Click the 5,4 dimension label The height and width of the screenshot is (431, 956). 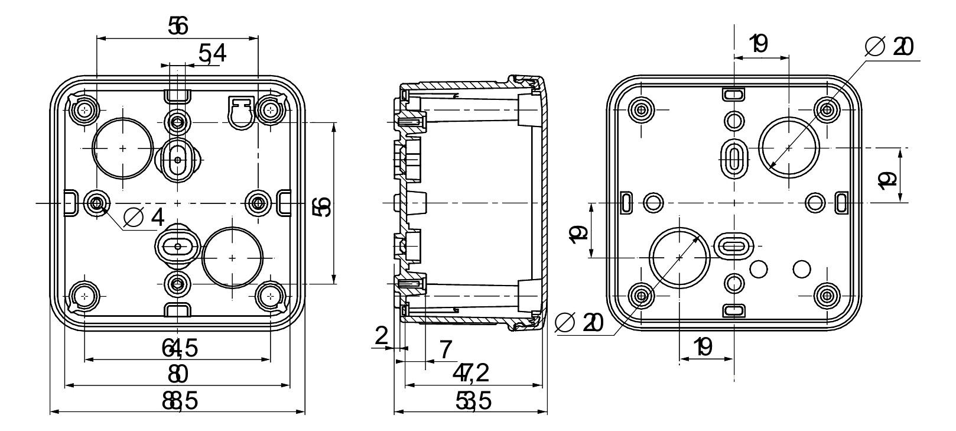212,54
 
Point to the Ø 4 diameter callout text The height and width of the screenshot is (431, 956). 144,218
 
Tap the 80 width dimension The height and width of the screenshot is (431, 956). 177,374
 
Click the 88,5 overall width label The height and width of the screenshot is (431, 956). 180,402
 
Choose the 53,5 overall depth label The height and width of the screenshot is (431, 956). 473,402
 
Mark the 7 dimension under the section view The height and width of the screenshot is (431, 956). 446,349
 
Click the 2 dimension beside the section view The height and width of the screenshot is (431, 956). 382,336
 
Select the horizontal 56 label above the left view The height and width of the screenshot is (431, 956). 177,26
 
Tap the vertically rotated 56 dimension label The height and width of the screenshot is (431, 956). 323,206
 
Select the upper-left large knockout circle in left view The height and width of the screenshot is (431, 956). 122,148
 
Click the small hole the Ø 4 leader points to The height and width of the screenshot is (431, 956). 96,203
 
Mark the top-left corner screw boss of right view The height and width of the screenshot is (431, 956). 641,109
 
